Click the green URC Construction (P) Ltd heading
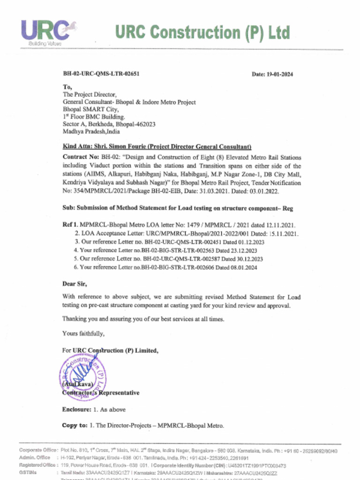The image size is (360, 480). tap(202, 32)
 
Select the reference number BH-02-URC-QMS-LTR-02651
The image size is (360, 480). tap(101, 74)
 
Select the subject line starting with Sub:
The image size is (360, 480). tap(177, 208)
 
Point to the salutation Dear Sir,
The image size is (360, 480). tap(75, 284)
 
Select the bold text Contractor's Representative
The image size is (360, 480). tap(101, 393)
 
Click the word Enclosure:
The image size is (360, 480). tap(75, 409)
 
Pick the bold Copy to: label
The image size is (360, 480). tap(75, 426)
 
